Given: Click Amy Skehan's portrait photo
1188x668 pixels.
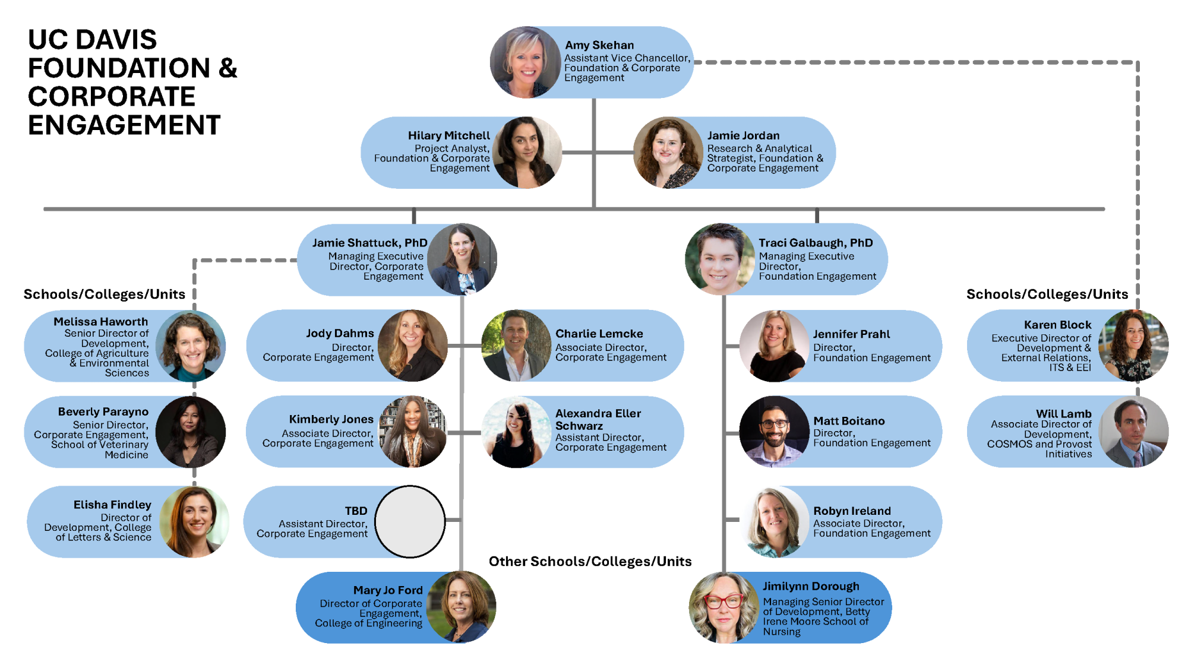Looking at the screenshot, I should pyautogui.click(x=526, y=62).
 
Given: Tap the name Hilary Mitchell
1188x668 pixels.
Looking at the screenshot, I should pyautogui.click(x=449, y=135).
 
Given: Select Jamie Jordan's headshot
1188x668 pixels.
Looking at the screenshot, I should pyautogui.click(x=668, y=153).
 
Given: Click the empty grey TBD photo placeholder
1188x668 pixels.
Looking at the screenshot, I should pyautogui.click(x=410, y=522).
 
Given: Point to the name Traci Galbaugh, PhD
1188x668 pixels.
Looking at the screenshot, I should pyautogui.click(x=816, y=243).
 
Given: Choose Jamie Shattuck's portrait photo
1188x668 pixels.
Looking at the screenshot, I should pyautogui.click(x=462, y=259).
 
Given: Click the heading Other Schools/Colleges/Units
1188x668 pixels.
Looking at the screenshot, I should pyautogui.click(x=590, y=562).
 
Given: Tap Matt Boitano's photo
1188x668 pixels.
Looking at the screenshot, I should pyautogui.click(x=774, y=432).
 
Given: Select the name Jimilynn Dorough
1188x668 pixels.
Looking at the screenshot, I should pyautogui.click(x=811, y=586).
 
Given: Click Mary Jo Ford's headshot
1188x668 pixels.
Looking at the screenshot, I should pyautogui.click(x=461, y=607).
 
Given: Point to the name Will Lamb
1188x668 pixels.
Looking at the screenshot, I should pyautogui.click(x=1063, y=414).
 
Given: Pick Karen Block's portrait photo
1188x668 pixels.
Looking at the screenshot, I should pyautogui.click(x=1133, y=346).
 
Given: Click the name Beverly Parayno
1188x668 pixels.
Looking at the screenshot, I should pyautogui.click(x=103, y=411).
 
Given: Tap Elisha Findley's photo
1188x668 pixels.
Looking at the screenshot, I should pyautogui.click(x=194, y=522).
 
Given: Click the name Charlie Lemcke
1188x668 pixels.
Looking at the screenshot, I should pyautogui.click(x=599, y=334).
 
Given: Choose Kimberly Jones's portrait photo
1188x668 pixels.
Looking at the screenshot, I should pyautogui.click(x=412, y=432).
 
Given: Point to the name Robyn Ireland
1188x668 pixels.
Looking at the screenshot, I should pyautogui.click(x=852, y=511).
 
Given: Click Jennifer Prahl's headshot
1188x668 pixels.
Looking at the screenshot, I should pyautogui.click(x=774, y=346).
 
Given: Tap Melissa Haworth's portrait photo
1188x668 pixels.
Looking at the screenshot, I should pyautogui.click(x=190, y=346).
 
